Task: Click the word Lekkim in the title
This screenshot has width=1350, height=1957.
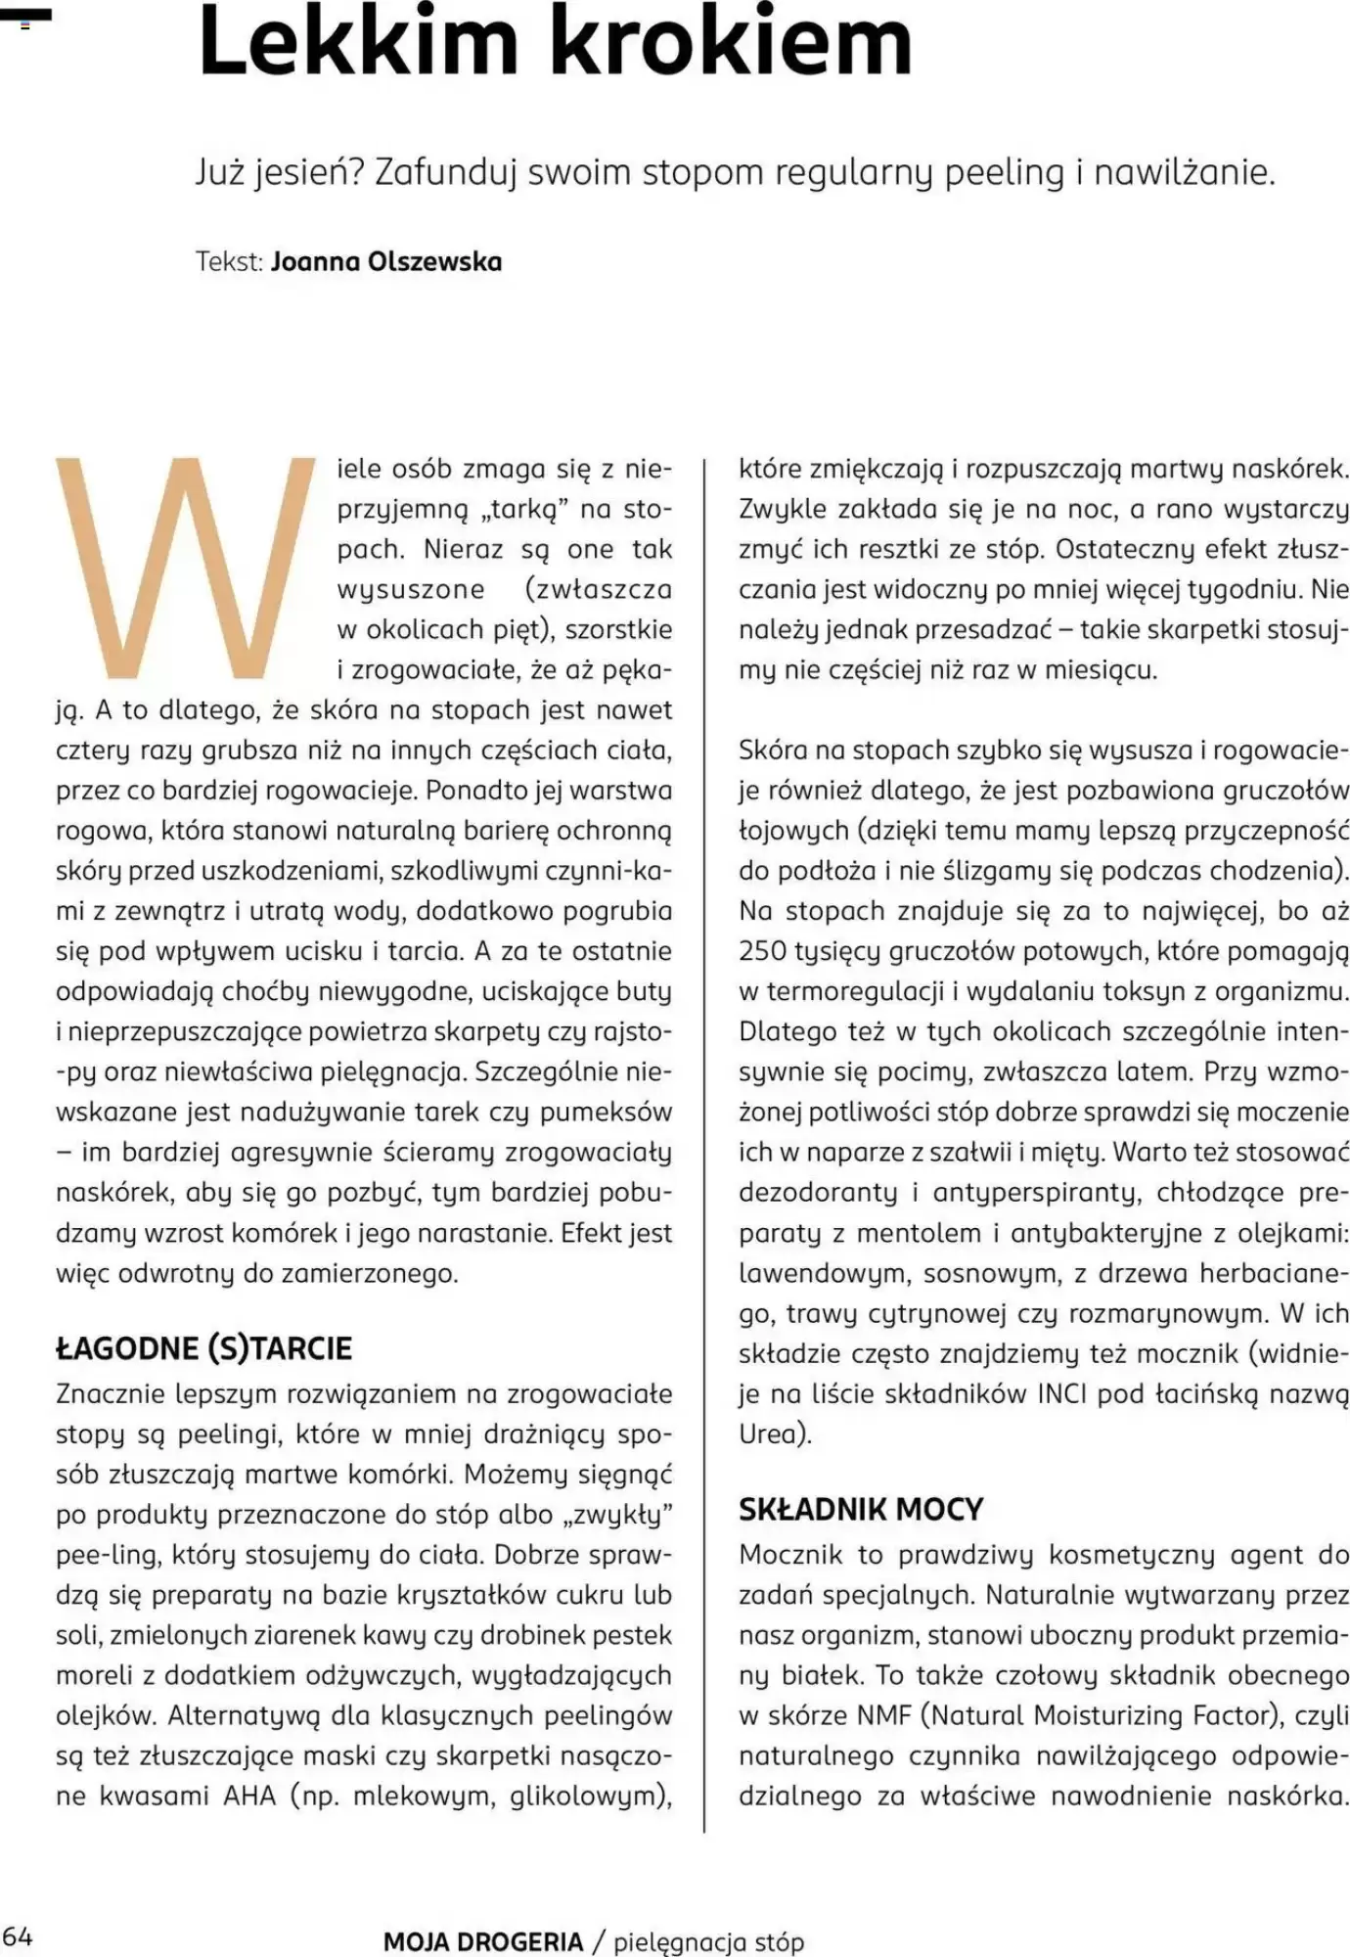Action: point(357,44)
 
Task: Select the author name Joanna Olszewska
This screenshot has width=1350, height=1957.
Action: point(386,262)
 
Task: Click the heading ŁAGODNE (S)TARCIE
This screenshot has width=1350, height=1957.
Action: point(203,1348)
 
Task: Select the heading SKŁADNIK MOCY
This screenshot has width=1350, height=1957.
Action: point(861,1509)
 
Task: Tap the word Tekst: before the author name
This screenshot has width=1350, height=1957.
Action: point(229,262)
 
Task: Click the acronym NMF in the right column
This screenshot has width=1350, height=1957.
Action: point(885,1715)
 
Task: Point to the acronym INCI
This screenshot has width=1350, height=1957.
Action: point(1062,1393)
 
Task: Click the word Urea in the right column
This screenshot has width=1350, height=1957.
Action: point(768,1434)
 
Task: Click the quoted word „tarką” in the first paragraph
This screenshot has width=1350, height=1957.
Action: point(503,509)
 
